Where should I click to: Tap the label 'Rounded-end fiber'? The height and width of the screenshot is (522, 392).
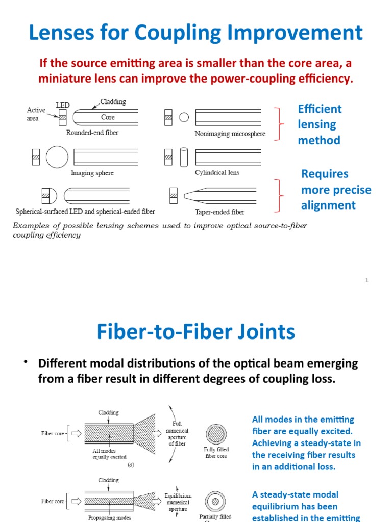coord(92,133)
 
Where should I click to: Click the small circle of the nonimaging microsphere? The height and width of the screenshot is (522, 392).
coord(184,117)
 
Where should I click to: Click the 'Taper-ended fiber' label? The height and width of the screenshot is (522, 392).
coord(219,212)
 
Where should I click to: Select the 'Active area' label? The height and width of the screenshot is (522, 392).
coord(36,114)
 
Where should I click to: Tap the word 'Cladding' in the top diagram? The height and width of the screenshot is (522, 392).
coord(113,102)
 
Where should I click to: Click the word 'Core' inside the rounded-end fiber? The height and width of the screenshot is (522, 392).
coord(108,117)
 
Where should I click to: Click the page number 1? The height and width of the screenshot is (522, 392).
coord(366,280)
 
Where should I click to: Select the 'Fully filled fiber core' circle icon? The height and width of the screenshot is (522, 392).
coord(216,434)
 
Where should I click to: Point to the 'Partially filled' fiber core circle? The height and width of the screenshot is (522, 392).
coord(215,500)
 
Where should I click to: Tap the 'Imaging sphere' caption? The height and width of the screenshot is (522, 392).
coord(92,173)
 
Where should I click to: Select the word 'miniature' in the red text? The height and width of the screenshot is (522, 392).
coord(65,79)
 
